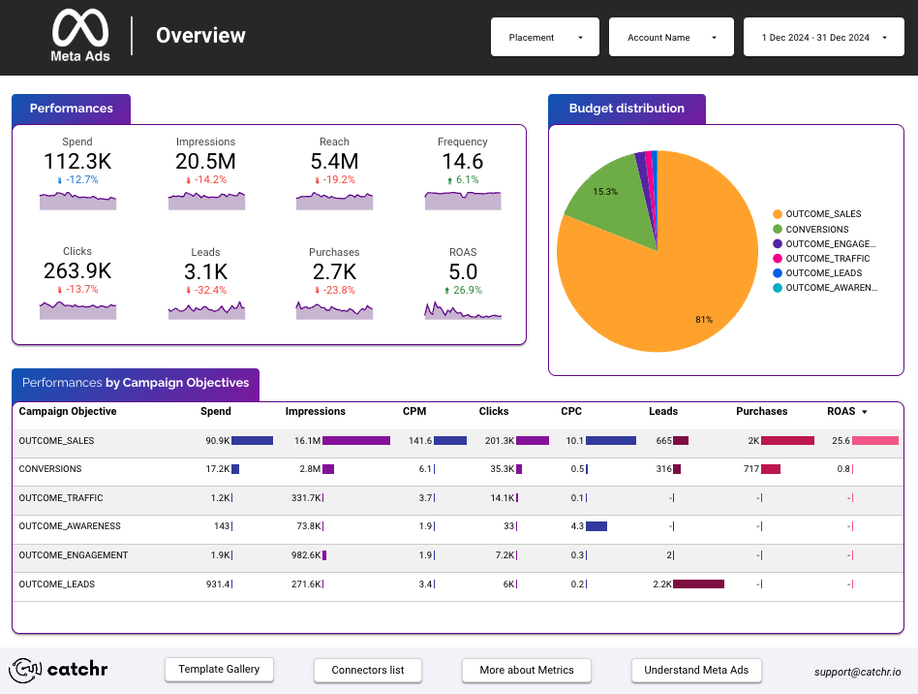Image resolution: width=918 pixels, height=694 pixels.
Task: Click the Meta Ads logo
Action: click(80, 36)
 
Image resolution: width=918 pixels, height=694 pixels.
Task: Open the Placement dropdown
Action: click(544, 38)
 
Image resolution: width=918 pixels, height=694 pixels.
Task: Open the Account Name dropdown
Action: click(671, 38)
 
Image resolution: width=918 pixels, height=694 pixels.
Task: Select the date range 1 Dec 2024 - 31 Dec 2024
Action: click(823, 38)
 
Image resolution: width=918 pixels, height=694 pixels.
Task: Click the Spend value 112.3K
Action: click(77, 162)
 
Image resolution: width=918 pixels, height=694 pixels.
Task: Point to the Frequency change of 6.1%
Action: click(462, 180)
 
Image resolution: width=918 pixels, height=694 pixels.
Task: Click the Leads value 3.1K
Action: click(206, 272)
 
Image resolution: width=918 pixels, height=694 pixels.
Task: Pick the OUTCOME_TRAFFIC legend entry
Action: click(827, 259)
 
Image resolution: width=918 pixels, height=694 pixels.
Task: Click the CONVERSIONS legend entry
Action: click(816, 230)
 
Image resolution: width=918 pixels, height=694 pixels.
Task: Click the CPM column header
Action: click(414, 412)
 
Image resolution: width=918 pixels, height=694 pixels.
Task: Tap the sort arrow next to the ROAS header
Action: click(864, 412)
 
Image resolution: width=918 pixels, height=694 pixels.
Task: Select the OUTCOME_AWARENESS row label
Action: click(70, 526)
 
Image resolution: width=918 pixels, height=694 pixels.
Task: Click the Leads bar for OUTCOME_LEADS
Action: click(698, 584)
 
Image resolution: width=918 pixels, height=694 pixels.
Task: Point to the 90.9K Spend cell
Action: click(216, 441)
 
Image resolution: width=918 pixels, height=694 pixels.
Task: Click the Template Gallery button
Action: click(219, 670)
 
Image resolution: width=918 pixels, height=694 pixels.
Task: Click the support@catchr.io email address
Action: click(857, 671)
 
